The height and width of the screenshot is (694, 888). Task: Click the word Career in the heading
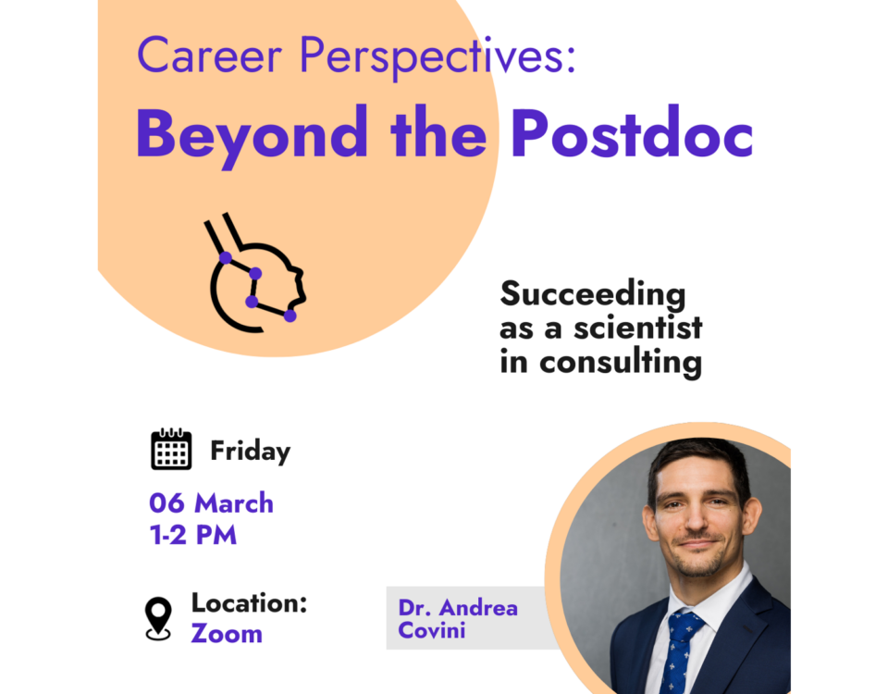click(x=210, y=56)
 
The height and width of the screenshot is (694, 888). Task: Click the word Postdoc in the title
click(x=632, y=131)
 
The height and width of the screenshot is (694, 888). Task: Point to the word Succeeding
click(x=592, y=295)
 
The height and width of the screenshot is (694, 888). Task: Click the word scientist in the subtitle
click(x=637, y=328)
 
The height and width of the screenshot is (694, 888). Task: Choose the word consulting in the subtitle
click(x=621, y=362)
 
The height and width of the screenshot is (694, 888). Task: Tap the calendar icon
click(x=171, y=449)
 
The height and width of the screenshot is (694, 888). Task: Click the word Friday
click(x=251, y=452)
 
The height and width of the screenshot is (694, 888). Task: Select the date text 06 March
click(x=211, y=503)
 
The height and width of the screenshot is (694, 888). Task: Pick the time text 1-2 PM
click(x=193, y=535)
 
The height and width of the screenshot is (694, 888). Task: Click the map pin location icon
click(x=158, y=619)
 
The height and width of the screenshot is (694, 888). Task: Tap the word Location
click(x=249, y=602)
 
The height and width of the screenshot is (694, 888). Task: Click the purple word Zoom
click(x=227, y=633)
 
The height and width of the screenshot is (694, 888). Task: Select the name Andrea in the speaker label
click(x=478, y=608)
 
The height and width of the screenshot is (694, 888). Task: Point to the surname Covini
click(x=432, y=630)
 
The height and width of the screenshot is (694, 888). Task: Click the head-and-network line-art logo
click(x=255, y=273)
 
